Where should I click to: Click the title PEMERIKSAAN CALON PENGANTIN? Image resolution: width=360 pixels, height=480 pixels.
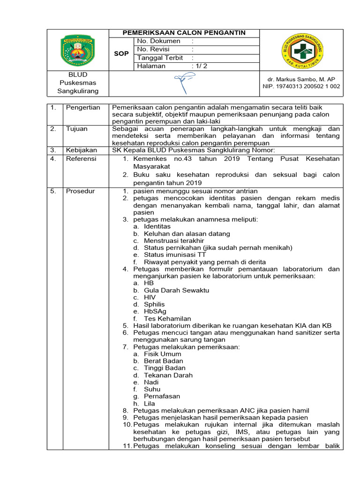pos(184,33)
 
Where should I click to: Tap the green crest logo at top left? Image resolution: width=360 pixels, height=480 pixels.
pos(78,49)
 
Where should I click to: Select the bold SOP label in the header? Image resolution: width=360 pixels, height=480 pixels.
pos(121,54)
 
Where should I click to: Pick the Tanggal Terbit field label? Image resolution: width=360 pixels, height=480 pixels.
pos(160,58)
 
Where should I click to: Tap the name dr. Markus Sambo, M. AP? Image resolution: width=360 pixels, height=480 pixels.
pos(300,79)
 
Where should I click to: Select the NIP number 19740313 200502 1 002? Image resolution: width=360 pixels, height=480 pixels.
pos(300,87)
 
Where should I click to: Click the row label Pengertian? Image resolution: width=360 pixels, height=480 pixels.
pos(83,107)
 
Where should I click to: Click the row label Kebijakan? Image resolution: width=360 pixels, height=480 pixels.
pos(81,150)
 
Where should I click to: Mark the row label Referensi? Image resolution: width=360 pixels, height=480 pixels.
pos(81,159)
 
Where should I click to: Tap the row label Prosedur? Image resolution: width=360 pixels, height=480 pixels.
pos(80,191)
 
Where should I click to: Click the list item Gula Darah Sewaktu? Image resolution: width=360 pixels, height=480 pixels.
pos(170,290)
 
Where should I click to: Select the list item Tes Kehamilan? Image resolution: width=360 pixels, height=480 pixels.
pos(165,318)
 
